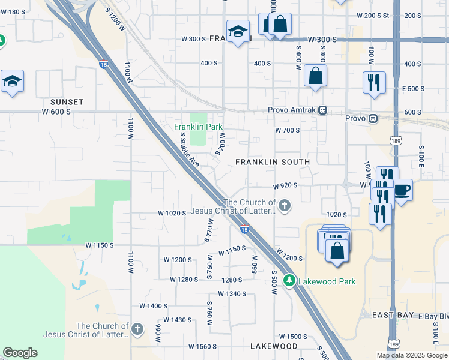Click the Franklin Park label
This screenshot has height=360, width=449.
(198, 127)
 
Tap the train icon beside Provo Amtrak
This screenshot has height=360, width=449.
(323, 110)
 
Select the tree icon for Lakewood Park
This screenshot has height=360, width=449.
(289, 281)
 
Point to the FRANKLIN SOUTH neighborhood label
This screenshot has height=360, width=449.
(273, 162)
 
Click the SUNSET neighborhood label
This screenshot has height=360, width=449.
(67, 102)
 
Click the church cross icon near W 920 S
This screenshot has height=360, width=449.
(285, 207)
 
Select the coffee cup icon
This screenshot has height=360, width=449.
(402, 190)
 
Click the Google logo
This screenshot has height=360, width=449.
(20, 353)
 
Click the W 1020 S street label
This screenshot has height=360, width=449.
(173, 213)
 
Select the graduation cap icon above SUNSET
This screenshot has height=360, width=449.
(12, 81)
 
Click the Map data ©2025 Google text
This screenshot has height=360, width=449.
(412, 355)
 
